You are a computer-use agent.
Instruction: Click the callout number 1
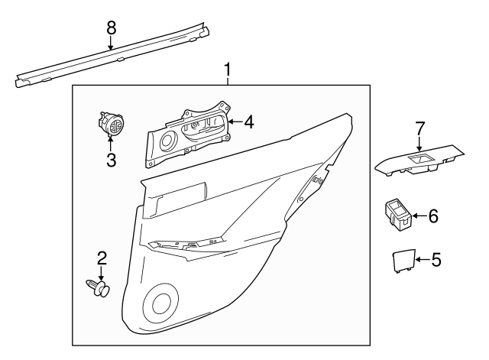point(228,70)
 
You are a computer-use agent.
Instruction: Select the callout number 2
point(102,258)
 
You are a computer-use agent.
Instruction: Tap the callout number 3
point(111,160)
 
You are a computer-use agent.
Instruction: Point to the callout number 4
point(249,122)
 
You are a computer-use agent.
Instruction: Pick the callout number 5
point(436,260)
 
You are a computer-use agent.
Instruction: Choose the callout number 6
point(433,216)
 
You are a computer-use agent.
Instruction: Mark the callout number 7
point(419,128)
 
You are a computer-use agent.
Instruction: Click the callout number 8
point(111,28)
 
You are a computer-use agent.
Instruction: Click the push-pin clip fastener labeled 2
point(99,287)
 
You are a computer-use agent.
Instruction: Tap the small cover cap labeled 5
point(403,261)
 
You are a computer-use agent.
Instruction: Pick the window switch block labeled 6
point(398,216)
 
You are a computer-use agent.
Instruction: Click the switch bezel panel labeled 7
point(419,161)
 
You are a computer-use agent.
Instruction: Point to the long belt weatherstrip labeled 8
point(112,55)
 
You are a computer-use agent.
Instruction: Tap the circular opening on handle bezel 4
point(169,141)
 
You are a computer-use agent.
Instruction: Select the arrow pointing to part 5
point(423,260)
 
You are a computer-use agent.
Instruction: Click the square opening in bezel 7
point(419,158)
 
